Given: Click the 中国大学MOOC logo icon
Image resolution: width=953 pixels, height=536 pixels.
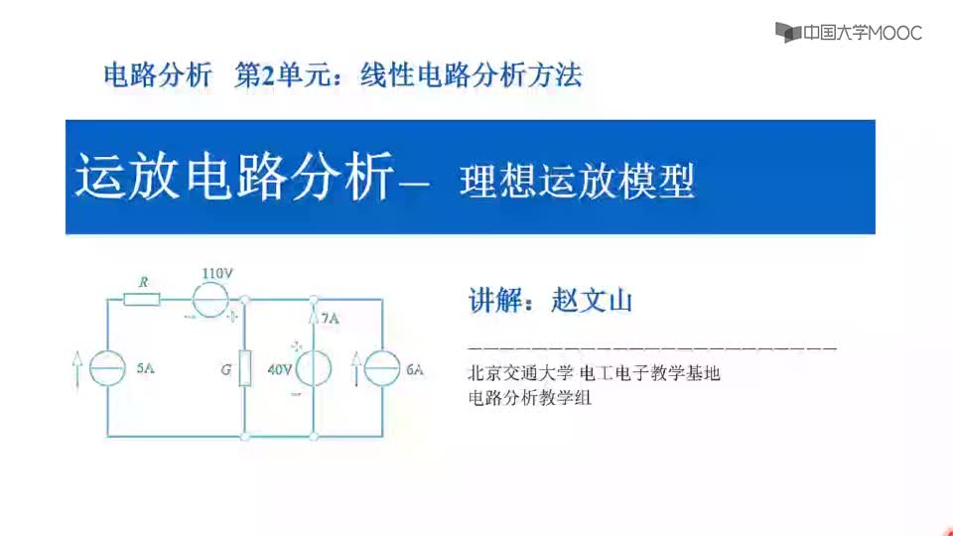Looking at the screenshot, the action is (x=788, y=32).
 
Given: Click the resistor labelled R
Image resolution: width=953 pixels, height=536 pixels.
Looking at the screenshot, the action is (x=142, y=299).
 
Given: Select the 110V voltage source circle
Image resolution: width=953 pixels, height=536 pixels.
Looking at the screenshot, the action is (x=210, y=300).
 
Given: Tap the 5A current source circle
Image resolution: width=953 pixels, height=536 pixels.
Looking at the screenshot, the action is (x=107, y=368).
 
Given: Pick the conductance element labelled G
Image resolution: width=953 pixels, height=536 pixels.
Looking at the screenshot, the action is (x=245, y=368).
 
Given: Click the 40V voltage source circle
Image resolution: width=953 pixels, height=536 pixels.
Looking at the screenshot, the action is (x=314, y=368).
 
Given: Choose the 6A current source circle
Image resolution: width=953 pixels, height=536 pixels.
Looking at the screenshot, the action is (x=382, y=368).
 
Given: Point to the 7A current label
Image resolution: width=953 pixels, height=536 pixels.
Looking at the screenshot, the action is (x=330, y=318).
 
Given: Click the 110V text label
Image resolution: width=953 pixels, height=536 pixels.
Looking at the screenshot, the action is (x=217, y=274).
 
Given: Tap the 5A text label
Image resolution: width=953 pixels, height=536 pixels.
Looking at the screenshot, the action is (x=145, y=368).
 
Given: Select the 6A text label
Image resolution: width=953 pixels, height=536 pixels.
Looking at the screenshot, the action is (x=415, y=369).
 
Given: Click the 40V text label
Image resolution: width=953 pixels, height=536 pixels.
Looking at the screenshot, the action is (x=280, y=369).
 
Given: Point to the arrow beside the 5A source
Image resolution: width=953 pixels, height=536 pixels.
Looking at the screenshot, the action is (x=76, y=369).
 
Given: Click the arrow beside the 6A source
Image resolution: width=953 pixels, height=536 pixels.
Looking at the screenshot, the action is (x=356, y=369).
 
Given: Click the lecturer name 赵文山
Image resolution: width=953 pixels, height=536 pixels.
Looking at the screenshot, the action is (x=592, y=300).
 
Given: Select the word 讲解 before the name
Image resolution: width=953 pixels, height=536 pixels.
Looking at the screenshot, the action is (x=494, y=300).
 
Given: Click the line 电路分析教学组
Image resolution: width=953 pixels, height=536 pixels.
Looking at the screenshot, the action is (x=529, y=398).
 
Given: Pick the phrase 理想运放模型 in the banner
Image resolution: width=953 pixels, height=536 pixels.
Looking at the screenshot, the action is (x=577, y=181).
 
